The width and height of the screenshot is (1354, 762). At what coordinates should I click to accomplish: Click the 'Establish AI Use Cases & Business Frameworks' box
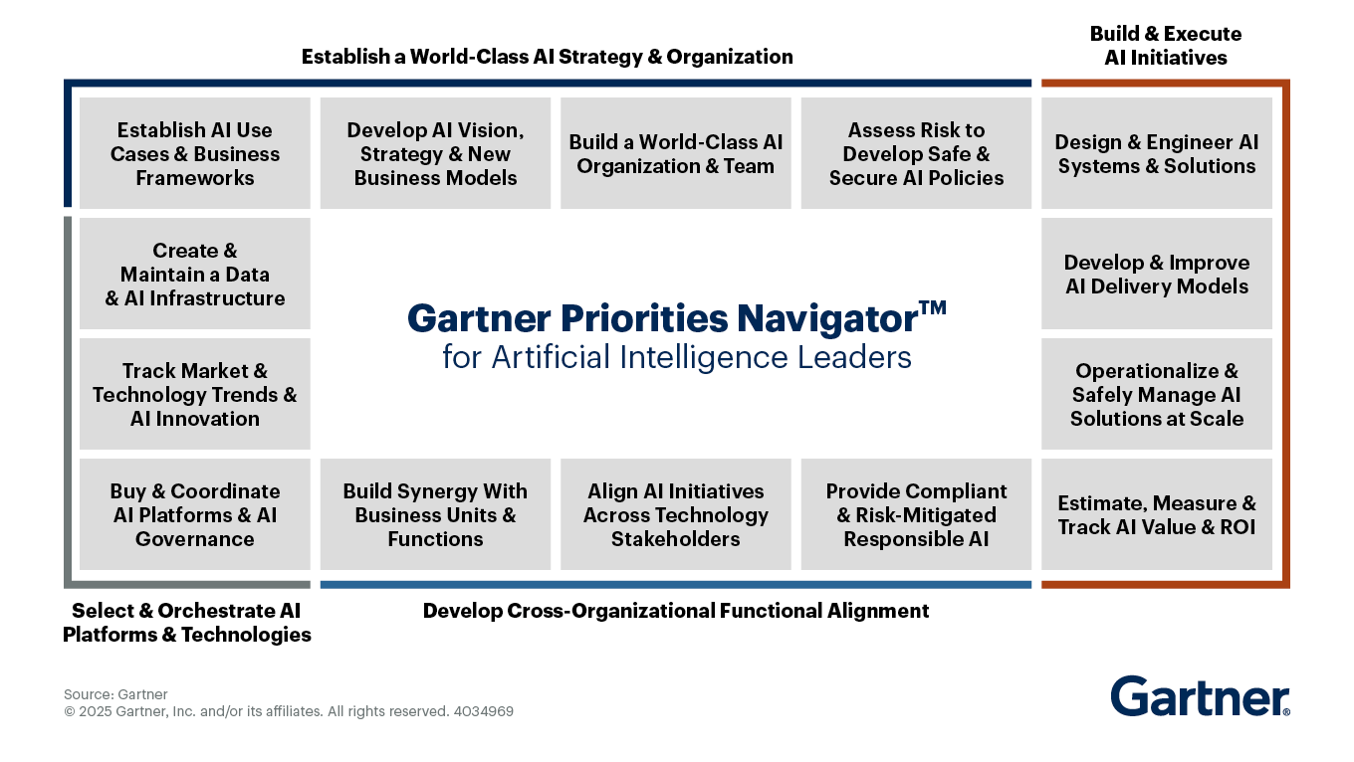[195, 153]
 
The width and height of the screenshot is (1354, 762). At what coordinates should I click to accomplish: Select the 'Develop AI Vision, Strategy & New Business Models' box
[435, 153]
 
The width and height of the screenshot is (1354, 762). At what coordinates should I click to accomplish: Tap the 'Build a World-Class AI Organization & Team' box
[676, 153]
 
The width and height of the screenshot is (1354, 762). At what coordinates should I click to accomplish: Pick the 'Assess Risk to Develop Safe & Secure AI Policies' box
[916, 153]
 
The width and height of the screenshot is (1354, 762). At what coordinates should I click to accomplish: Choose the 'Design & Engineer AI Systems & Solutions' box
[1157, 153]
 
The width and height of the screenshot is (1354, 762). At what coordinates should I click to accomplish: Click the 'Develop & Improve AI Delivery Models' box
[1157, 274]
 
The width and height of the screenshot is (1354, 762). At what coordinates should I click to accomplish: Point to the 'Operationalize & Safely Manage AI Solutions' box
[1157, 394]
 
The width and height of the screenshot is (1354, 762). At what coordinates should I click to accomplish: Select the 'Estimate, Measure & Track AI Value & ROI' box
[1157, 514]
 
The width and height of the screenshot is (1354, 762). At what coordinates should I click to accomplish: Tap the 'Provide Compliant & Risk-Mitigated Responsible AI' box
[916, 514]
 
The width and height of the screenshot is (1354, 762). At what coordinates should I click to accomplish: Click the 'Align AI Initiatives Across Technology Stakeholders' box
[676, 514]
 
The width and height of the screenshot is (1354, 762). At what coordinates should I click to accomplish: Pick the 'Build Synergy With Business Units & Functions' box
[435, 514]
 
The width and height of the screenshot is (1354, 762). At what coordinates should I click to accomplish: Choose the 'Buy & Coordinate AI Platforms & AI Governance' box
[195, 514]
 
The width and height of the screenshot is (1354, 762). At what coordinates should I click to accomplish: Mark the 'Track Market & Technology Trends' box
[195, 394]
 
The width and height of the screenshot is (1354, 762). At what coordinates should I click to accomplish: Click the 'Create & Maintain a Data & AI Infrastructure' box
[195, 274]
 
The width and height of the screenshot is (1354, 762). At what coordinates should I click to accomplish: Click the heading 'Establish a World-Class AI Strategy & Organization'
[548, 57]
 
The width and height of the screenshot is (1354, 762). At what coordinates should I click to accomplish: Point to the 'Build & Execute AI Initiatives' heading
[1166, 46]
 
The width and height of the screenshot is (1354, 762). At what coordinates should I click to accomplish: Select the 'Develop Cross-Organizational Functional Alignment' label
[676, 611]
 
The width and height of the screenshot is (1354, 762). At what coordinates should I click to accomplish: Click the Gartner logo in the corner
[1200, 695]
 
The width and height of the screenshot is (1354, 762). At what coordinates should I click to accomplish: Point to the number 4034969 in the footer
[484, 711]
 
